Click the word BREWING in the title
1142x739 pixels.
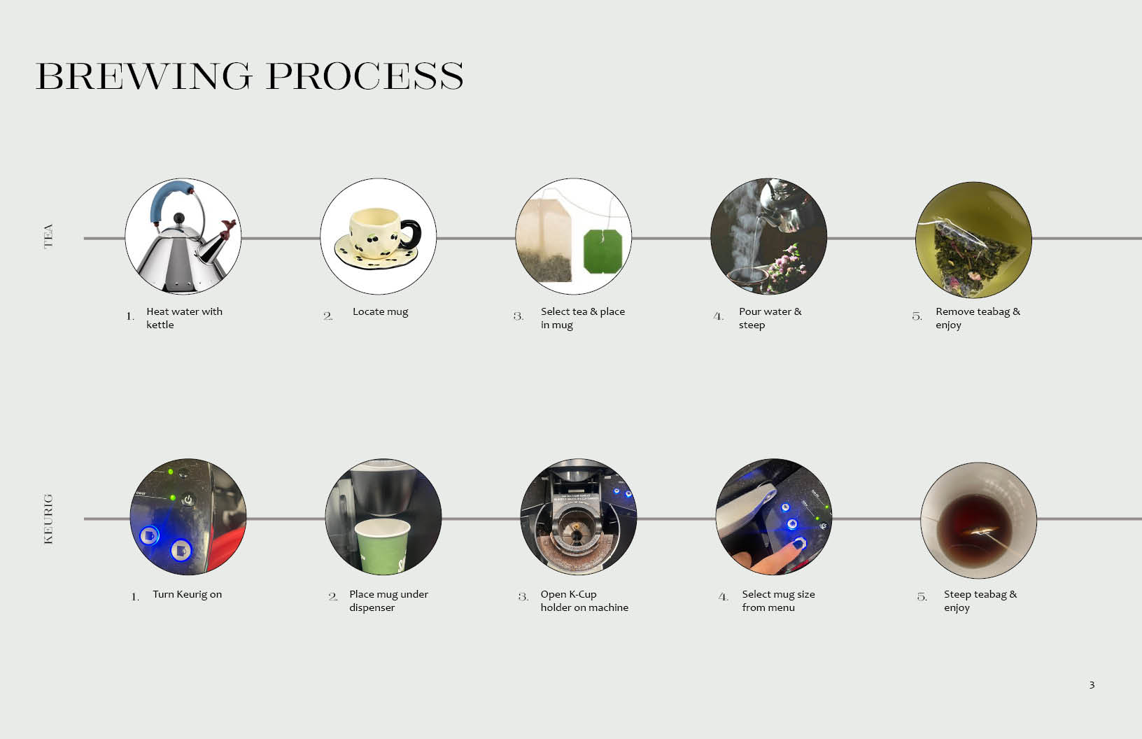[143, 76]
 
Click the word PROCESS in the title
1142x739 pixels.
[365, 76]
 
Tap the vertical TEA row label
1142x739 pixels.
[48, 236]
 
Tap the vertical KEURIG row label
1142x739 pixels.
[48, 519]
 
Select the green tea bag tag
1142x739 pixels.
[603, 251]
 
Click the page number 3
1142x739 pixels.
[1092, 685]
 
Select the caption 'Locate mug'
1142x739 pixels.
[381, 311]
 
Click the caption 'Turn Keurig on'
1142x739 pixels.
[187, 594]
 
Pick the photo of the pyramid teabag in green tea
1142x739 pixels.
[973, 240]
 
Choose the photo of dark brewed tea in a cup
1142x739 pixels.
[978, 520]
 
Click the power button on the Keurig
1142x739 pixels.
[188, 500]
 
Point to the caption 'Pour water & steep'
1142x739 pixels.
[770, 318]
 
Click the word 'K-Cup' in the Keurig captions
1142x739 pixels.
[582, 594]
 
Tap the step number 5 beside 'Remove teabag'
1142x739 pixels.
[917, 316]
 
